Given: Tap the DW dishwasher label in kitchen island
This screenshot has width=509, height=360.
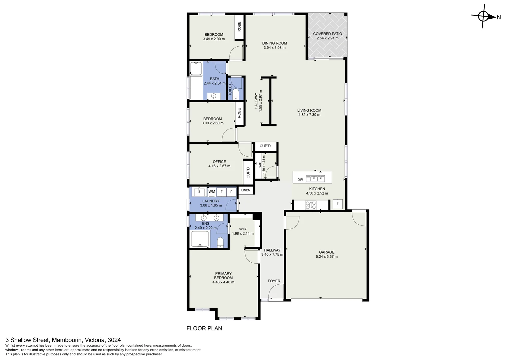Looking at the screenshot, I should [x=300, y=180].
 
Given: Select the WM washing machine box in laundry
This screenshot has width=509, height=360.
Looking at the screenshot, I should [x=212, y=192].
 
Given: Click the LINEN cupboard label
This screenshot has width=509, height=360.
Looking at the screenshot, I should [x=246, y=190].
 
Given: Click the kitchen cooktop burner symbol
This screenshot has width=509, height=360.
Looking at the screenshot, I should [x=311, y=205].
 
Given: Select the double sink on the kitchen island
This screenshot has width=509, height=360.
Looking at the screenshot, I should [x=317, y=179].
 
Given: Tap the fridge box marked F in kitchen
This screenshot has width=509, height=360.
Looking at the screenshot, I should [x=337, y=204].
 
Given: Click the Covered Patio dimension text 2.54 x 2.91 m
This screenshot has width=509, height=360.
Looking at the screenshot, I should [x=327, y=38].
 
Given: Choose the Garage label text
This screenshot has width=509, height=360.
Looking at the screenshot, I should [x=326, y=252].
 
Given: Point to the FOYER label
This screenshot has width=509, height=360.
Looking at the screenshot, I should [x=274, y=281].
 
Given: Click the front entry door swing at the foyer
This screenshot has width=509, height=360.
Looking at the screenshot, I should [x=276, y=292].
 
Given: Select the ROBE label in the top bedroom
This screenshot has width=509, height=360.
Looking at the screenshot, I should [x=239, y=27].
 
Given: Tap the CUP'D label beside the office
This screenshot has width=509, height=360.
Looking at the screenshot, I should [x=248, y=172].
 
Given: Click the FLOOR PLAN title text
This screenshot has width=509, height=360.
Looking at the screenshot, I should [x=204, y=328].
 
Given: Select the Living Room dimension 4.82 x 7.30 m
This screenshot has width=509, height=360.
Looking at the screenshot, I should [x=309, y=115].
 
